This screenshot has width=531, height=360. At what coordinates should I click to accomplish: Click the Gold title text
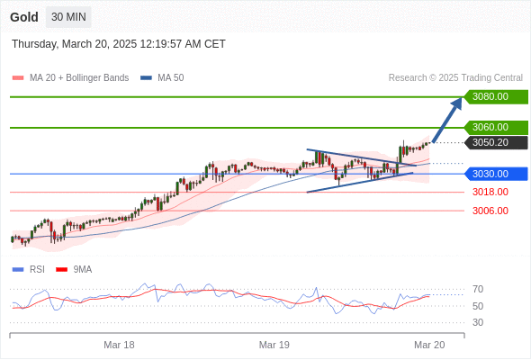(x=24, y=17)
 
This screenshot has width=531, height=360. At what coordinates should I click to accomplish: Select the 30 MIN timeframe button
(x=68, y=17)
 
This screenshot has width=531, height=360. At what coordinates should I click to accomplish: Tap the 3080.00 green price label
(x=493, y=96)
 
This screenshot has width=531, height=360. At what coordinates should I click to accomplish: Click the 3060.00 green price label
(x=493, y=128)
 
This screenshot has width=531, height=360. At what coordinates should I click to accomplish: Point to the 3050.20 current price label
(x=493, y=142)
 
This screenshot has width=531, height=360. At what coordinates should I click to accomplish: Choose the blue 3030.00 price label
(x=493, y=174)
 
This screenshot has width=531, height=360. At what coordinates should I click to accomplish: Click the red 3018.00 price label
(x=490, y=192)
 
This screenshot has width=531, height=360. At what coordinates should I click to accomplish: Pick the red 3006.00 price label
(x=490, y=211)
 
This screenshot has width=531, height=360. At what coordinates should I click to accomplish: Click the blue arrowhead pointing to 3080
(x=456, y=102)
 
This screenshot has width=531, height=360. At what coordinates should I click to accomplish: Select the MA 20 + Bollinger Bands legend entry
(x=78, y=78)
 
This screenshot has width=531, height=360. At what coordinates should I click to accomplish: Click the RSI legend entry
(x=36, y=269)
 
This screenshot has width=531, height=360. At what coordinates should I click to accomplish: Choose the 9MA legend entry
(x=82, y=269)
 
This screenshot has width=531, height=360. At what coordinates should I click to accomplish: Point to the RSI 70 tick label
(x=478, y=289)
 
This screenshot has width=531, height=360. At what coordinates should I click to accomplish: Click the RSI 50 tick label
(x=478, y=306)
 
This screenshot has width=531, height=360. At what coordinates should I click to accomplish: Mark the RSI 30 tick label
(x=478, y=322)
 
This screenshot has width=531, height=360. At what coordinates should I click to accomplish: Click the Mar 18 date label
(x=119, y=345)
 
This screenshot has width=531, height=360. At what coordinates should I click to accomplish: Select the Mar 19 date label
(x=274, y=345)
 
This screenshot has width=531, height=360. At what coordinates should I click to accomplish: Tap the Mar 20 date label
(x=429, y=345)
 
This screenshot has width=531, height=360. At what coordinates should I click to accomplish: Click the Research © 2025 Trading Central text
(x=455, y=78)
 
